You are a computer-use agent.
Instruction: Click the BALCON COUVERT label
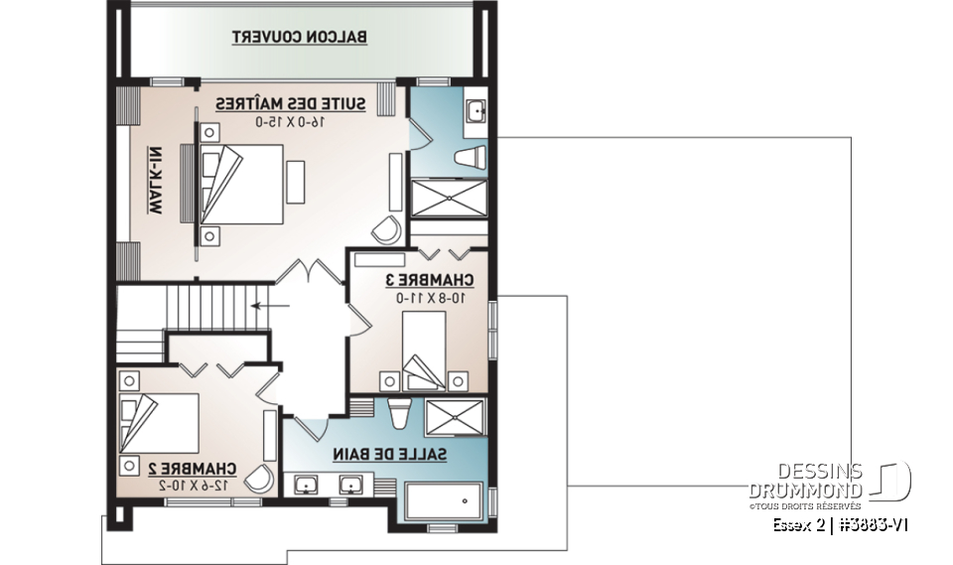pos(300,38)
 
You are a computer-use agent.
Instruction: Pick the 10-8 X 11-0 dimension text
pos(430,297)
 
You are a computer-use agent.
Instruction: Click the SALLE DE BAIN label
pos(389,455)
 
